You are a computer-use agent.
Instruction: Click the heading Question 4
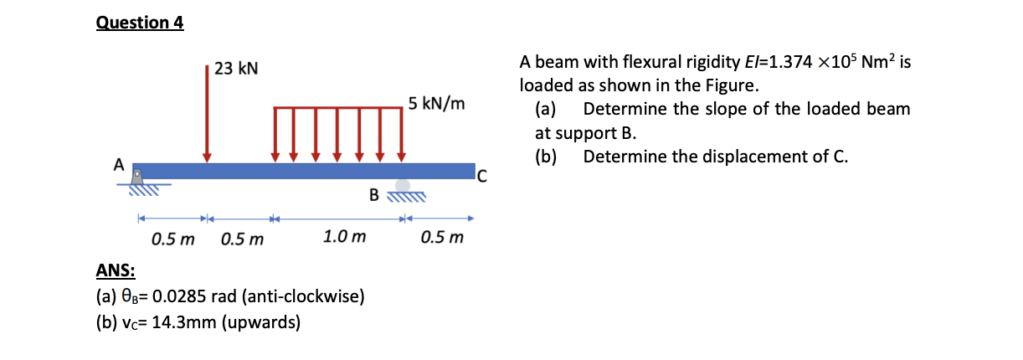140,23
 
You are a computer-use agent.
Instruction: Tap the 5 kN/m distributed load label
436,105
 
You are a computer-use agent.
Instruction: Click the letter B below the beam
375,196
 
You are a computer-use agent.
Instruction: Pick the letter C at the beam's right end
481,175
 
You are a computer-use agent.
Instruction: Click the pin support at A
138,177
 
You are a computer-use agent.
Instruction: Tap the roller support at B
404,185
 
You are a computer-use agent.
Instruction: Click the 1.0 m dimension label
344,238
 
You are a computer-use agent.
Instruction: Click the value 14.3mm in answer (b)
176,322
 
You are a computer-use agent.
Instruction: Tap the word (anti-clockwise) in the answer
302,296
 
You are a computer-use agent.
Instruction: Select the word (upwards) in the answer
262,322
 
